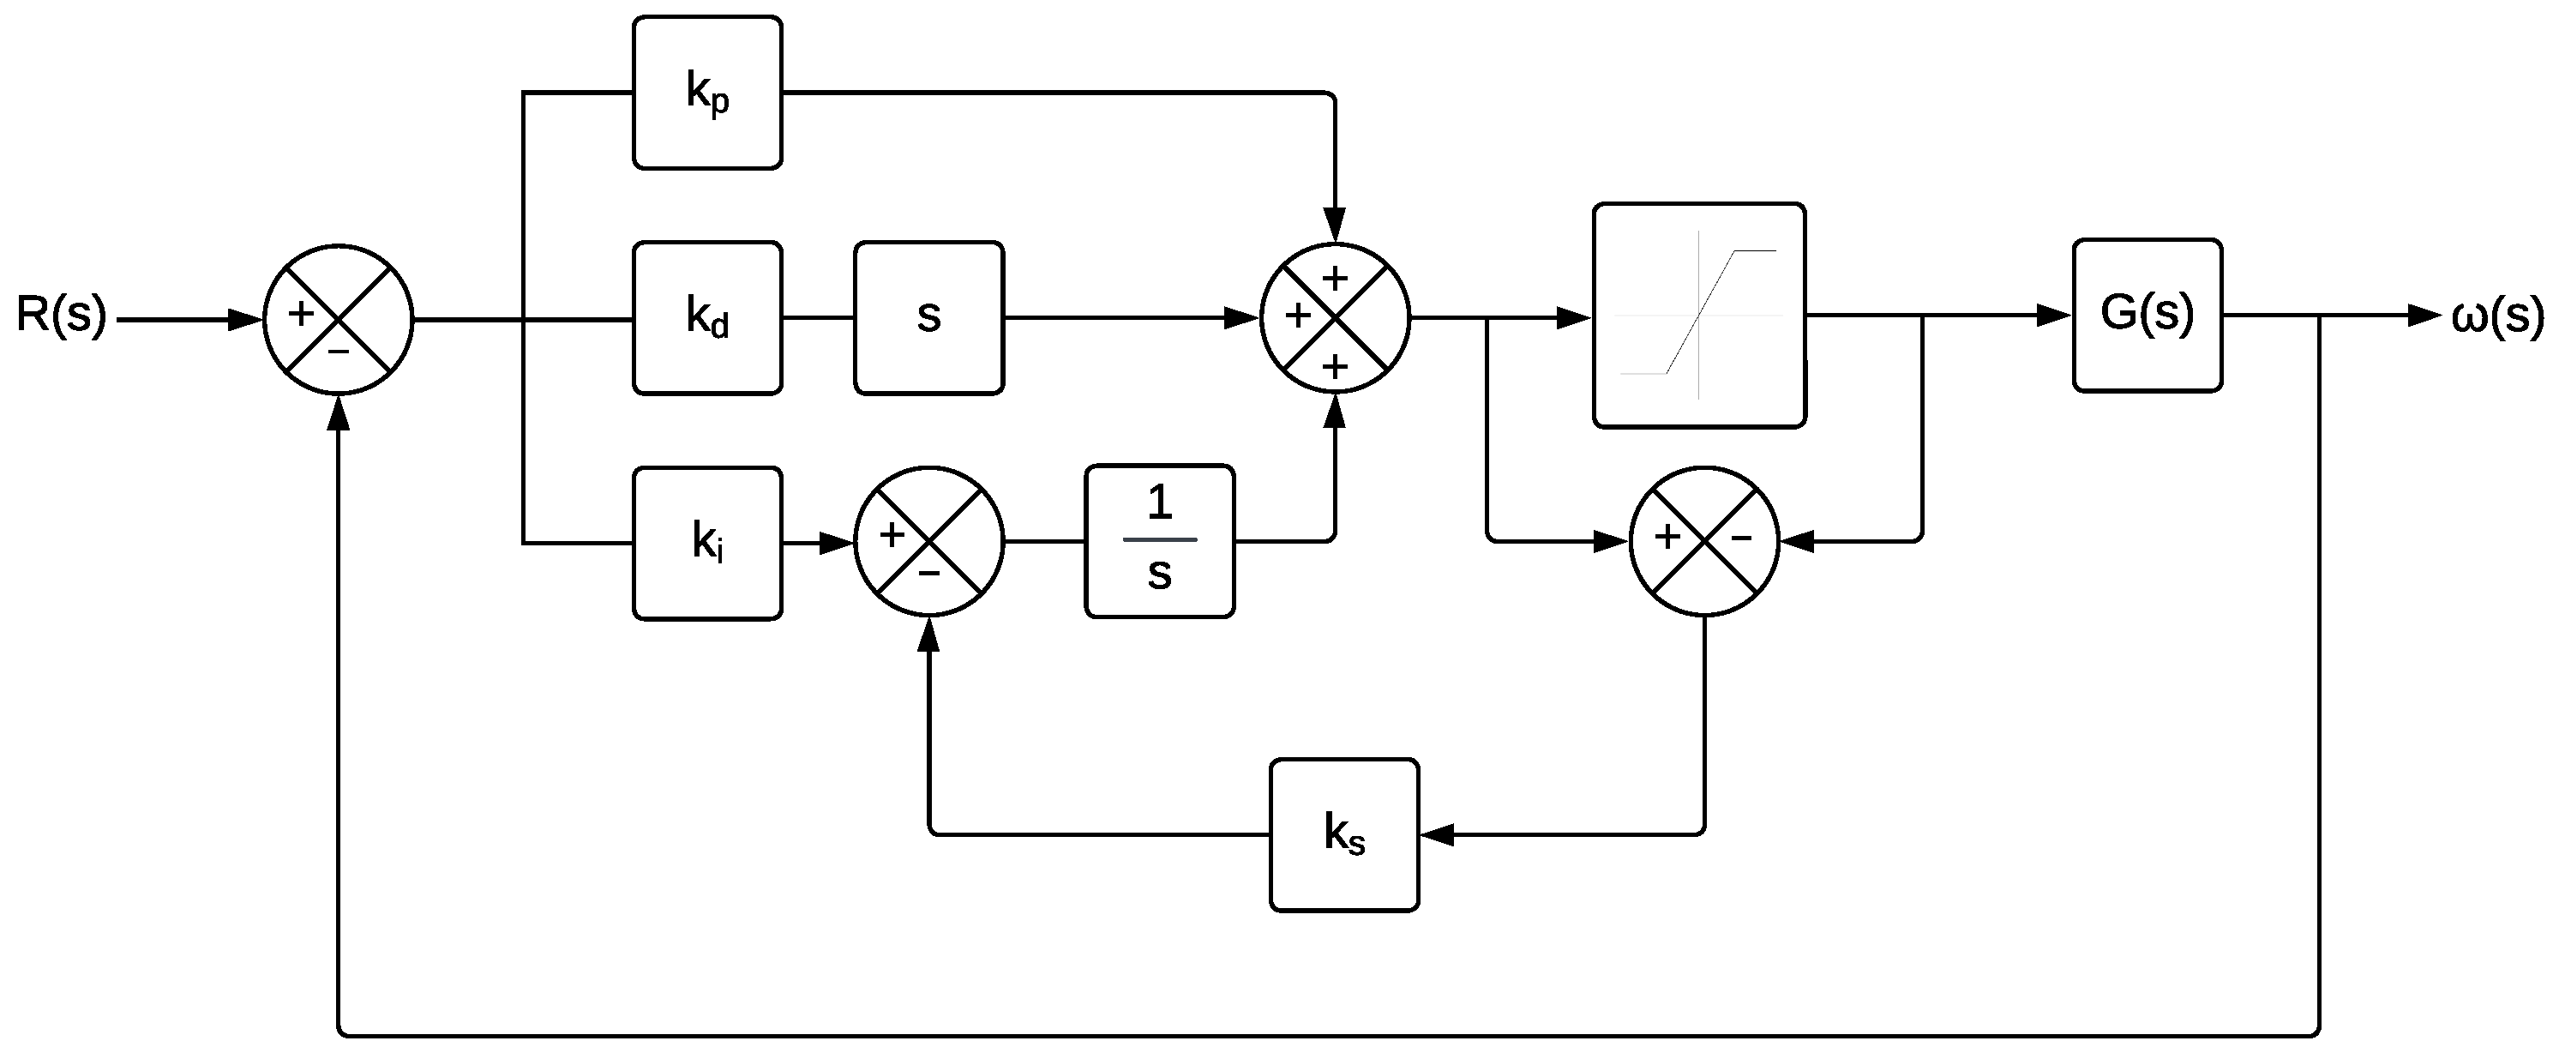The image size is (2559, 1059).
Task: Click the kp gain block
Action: [x=707, y=93]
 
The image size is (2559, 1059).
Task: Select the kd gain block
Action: [x=707, y=318]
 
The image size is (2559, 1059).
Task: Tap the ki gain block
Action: [x=707, y=543]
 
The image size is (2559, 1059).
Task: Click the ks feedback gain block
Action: [x=1343, y=834]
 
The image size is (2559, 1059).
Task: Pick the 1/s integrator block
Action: [x=1159, y=541]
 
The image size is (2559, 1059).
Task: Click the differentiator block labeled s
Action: [x=928, y=318]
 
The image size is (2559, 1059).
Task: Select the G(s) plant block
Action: [x=2147, y=315]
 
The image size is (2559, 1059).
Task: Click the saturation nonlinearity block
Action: [x=1699, y=315]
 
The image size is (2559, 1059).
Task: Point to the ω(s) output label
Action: [x=2497, y=316]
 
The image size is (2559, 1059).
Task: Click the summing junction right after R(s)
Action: [x=338, y=320]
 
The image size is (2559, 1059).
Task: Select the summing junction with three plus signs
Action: [x=1334, y=318]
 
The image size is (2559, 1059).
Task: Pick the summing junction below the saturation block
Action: [x=1704, y=541]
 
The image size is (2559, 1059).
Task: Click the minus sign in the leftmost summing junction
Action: [x=339, y=352]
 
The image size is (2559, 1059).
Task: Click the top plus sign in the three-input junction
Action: [x=1334, y=277]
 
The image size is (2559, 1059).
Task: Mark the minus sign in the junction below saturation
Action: [x=1741, y=538]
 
